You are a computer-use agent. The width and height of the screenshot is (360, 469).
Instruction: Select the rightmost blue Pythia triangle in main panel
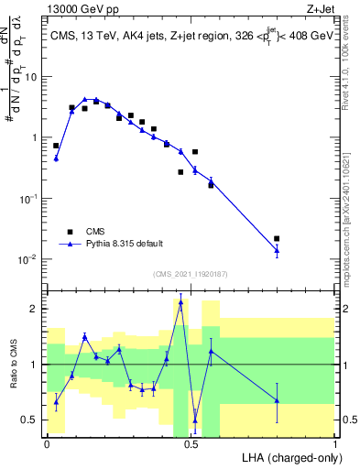click(277, 249)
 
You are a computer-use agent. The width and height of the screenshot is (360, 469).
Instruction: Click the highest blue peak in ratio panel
click(180, 301)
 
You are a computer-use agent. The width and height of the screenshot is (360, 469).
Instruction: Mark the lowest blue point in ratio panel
click(195, 421)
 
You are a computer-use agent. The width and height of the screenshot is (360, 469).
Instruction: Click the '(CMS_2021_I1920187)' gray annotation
click(189, 274)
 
